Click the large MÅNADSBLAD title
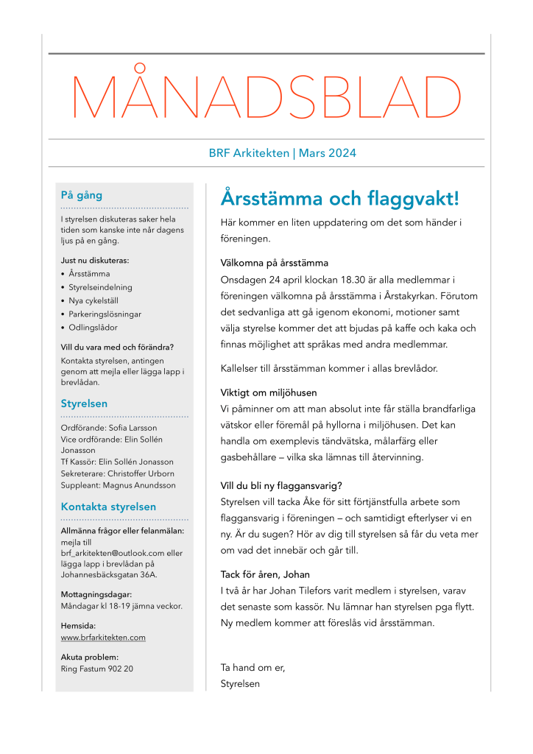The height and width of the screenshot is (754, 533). [x=266, y=96]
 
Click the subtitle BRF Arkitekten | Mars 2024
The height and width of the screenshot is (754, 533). [x=283, y=153]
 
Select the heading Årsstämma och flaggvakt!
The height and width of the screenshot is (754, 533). [x=339, y=199]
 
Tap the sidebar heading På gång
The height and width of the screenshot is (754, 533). [x=81, y=196]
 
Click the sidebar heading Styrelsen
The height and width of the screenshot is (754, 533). [x=84, y=404]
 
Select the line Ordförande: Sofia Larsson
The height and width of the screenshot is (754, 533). [x=108, y=427]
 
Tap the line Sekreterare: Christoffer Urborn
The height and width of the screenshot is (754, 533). [x=119, y=473]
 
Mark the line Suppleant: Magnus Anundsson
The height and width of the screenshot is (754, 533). [x=119, y=485]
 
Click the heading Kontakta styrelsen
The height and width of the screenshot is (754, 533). [x=108, y=507]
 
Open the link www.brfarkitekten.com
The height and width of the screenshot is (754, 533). [x=103, y=637]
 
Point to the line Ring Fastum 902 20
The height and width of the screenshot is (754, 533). [x=96, y=669]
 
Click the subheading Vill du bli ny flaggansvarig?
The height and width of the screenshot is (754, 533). [x=281, y=485]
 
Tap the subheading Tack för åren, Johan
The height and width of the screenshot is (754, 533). [x=264, y=574]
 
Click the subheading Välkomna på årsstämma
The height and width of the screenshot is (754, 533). [x=274, y=263]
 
